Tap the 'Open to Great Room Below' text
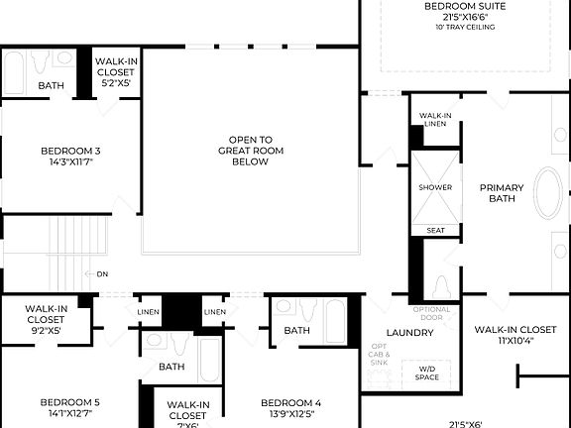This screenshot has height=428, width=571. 251,151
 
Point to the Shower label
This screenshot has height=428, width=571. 435,187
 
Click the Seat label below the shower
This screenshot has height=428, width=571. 435,230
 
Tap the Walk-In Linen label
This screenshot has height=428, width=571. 435,119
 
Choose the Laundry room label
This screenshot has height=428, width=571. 410,333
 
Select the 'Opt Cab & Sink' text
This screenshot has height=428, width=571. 380,354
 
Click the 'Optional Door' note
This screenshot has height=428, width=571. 431,313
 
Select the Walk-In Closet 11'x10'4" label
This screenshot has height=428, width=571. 514,335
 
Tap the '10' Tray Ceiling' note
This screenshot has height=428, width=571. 464,28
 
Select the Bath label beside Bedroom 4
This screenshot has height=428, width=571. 297,331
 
